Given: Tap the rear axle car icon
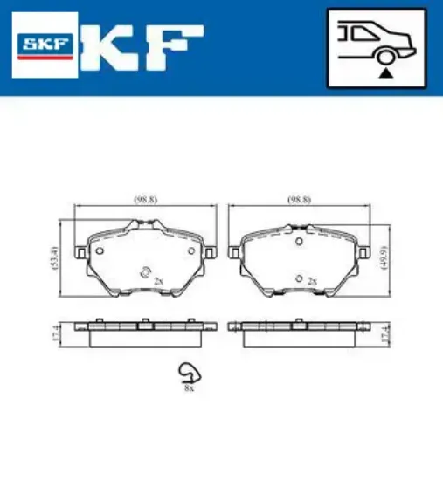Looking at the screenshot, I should (x=377, y=49).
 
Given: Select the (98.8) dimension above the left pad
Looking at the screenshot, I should (x=145, y=200).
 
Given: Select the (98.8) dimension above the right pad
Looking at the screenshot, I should (x=300, y=200).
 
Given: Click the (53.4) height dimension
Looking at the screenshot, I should (x=55, y=260).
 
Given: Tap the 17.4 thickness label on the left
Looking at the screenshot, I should (x=55, y=334).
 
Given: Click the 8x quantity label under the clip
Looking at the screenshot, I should (x=188, y=387).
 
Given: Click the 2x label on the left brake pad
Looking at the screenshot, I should (x=158, y=282).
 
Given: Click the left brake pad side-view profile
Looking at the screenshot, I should (x=145, y=330).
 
